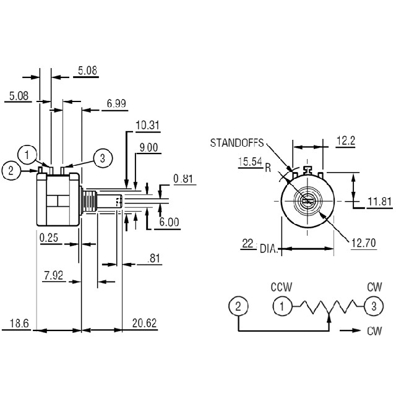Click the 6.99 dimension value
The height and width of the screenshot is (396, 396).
pyautogui.click(x=116, y=103)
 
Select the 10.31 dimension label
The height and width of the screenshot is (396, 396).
pyautogui.click(x=148, y=125)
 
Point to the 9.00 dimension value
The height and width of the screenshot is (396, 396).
pyautogui.click(x=148, y=147)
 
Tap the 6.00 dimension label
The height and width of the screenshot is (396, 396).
pyautogui.click(x=169, y=222)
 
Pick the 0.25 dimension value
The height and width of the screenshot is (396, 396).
pyautogui.click(x=49, y=238)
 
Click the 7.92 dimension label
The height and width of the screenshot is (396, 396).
pyautogui.click(x=54, y=275)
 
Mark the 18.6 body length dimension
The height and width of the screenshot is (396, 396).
pyautogui.click(x=19, y=324)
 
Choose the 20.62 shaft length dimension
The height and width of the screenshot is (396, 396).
pyautogui.click(x=144, y=323)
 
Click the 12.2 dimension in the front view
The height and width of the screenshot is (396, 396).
pyautogui.click(x=346, y=140)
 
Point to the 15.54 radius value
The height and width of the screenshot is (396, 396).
pyautogui.click(x=250, y=161)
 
